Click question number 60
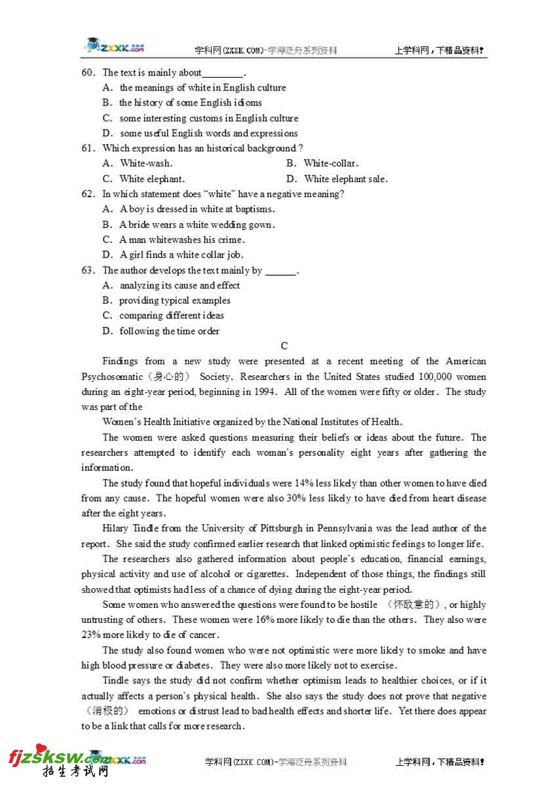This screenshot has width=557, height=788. pyautogui.click(x=88, y=73)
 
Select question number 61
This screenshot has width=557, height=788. pyautogui.click(x=88, y=149)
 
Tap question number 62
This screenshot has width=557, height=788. pyautogui.click(x=88, y=194)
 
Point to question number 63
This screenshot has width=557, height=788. pyautogui.click(x=88, y=271)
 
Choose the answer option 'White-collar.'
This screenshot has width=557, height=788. pyautogui.click(x=331, y=164)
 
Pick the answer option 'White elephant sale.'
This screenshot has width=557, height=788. pyautogui.click(x=345, y=179)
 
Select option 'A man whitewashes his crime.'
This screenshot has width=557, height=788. pyautogui.click(x=182, y=240)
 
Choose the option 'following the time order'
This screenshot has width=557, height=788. pyautogui.click(x=169, y=331)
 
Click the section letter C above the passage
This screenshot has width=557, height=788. pyautogui.click(x=284, y=346)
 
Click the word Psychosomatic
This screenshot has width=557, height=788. pyautogui.click(x=111, y=377)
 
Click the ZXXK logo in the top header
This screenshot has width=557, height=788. pyautogui.click(x=114, y=47)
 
